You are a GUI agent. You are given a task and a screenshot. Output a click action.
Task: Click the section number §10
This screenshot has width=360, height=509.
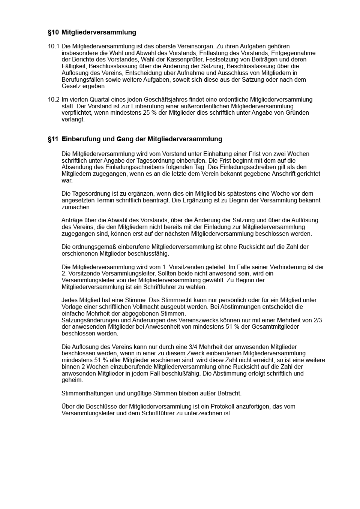tap(53, 33)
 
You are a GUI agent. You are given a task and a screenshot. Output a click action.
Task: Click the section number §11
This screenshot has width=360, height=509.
tap(53, 139)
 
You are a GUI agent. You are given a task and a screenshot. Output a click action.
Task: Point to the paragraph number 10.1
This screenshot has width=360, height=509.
tap(54, 46)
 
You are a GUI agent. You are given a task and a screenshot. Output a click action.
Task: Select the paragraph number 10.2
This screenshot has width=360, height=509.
tap(54, 100)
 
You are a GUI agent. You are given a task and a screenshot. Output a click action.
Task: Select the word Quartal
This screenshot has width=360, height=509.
tap(99, 100)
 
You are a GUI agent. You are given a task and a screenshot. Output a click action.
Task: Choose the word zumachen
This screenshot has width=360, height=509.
tap(76, 207)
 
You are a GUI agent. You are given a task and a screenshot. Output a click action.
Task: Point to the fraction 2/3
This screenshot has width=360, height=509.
tap(317, 320)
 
